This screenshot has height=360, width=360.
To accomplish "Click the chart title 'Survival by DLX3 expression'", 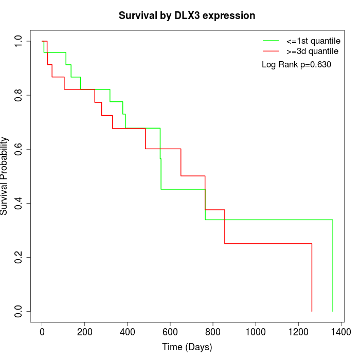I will pyautogui.click(x=187, y=15).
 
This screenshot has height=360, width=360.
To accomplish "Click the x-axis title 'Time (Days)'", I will pyautogui.click(x=187, y=347).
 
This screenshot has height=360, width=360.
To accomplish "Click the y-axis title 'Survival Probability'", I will pyautogui.click(x=5, y=176).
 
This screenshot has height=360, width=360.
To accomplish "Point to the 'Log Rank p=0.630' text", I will pyautogui.click(x=296, y=65).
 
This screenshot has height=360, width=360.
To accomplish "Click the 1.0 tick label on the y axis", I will pyautogui.click(x=19, y=41).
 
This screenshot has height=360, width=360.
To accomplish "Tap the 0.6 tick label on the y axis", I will pyautogui.click(x=19, y=149).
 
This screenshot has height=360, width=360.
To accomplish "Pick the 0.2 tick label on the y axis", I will pyautogui.click(x=19, y=257).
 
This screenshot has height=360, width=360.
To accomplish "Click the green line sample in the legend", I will pyautogui.click(x=271, y=41).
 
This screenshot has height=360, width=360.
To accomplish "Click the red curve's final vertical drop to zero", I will pyautogui.click(x=312, y=278).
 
